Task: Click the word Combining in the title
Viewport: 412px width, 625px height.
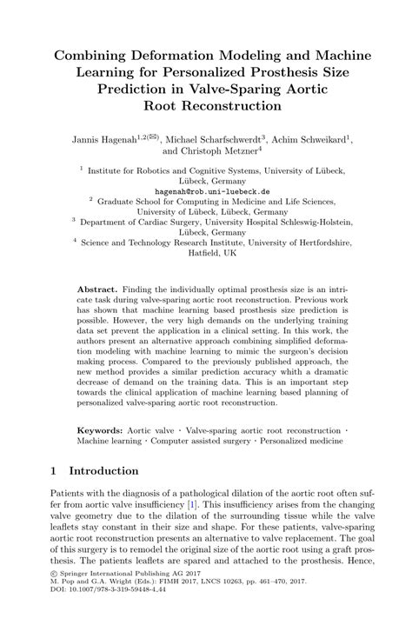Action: tap(94, 57)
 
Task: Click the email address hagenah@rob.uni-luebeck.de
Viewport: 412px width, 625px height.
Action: tap(205, 190)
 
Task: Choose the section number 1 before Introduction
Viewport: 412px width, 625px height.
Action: tap(54, 471)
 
